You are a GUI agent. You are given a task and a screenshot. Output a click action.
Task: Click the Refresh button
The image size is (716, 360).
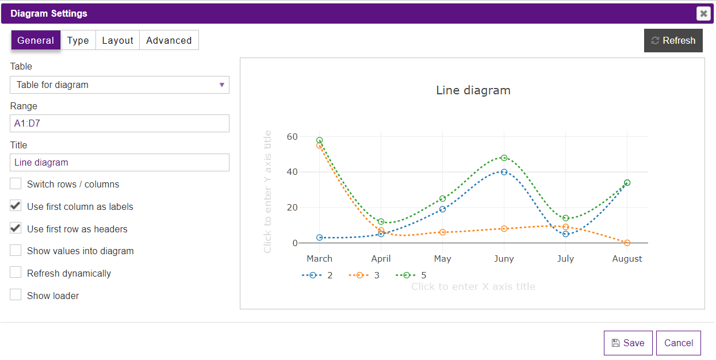click(x=673, y=41)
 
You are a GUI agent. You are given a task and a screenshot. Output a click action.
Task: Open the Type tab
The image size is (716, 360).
click(x=78, y=40)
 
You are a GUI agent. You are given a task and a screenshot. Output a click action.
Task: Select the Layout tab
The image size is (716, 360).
click(x=117, y=40)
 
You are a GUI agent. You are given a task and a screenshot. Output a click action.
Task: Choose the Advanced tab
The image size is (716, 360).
click(x=169, y=40)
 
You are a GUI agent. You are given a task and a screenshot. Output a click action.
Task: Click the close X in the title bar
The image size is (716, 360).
click(x=703, y=14)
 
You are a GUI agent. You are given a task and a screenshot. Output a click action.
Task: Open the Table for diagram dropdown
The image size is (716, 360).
click(x=119, y=85)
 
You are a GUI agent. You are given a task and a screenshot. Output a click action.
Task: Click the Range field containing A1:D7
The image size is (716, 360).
click(x=119, y=123)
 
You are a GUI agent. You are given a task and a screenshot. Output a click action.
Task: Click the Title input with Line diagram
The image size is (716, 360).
click(x=119, y=162)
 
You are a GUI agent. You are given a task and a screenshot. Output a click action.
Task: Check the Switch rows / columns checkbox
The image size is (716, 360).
click(x=16, y=184)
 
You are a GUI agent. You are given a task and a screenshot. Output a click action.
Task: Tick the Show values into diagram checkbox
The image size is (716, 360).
click(x=16, y=251)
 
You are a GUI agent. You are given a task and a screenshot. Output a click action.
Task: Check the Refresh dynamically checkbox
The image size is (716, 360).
click(x=16, y=273)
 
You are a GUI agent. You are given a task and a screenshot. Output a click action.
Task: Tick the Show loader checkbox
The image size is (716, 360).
click(x=16, y=295)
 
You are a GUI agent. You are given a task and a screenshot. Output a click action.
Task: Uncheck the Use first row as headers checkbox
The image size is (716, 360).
click(x=16, y=228)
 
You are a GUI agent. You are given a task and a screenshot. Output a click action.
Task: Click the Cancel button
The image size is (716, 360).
click(x=678, y=343)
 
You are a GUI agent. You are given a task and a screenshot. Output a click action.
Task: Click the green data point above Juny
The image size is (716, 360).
click(x=504, y=158)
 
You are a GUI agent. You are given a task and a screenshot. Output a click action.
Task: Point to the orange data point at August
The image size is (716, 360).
click(x=627, y=243)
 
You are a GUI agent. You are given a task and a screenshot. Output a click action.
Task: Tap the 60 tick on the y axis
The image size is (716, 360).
click(x=293, y=137)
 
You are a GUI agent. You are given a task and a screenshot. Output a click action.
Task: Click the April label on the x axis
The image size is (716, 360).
click(x=381, y=259)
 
